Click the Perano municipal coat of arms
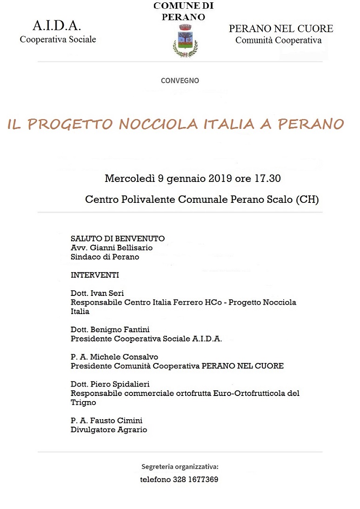185,41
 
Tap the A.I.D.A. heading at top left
57,26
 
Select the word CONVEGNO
180,80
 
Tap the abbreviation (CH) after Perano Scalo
307,200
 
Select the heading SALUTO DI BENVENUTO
117,239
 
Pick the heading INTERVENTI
95,275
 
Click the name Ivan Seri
108,293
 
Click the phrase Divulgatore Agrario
109,430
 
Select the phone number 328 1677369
195,479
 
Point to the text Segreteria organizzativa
180,466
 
